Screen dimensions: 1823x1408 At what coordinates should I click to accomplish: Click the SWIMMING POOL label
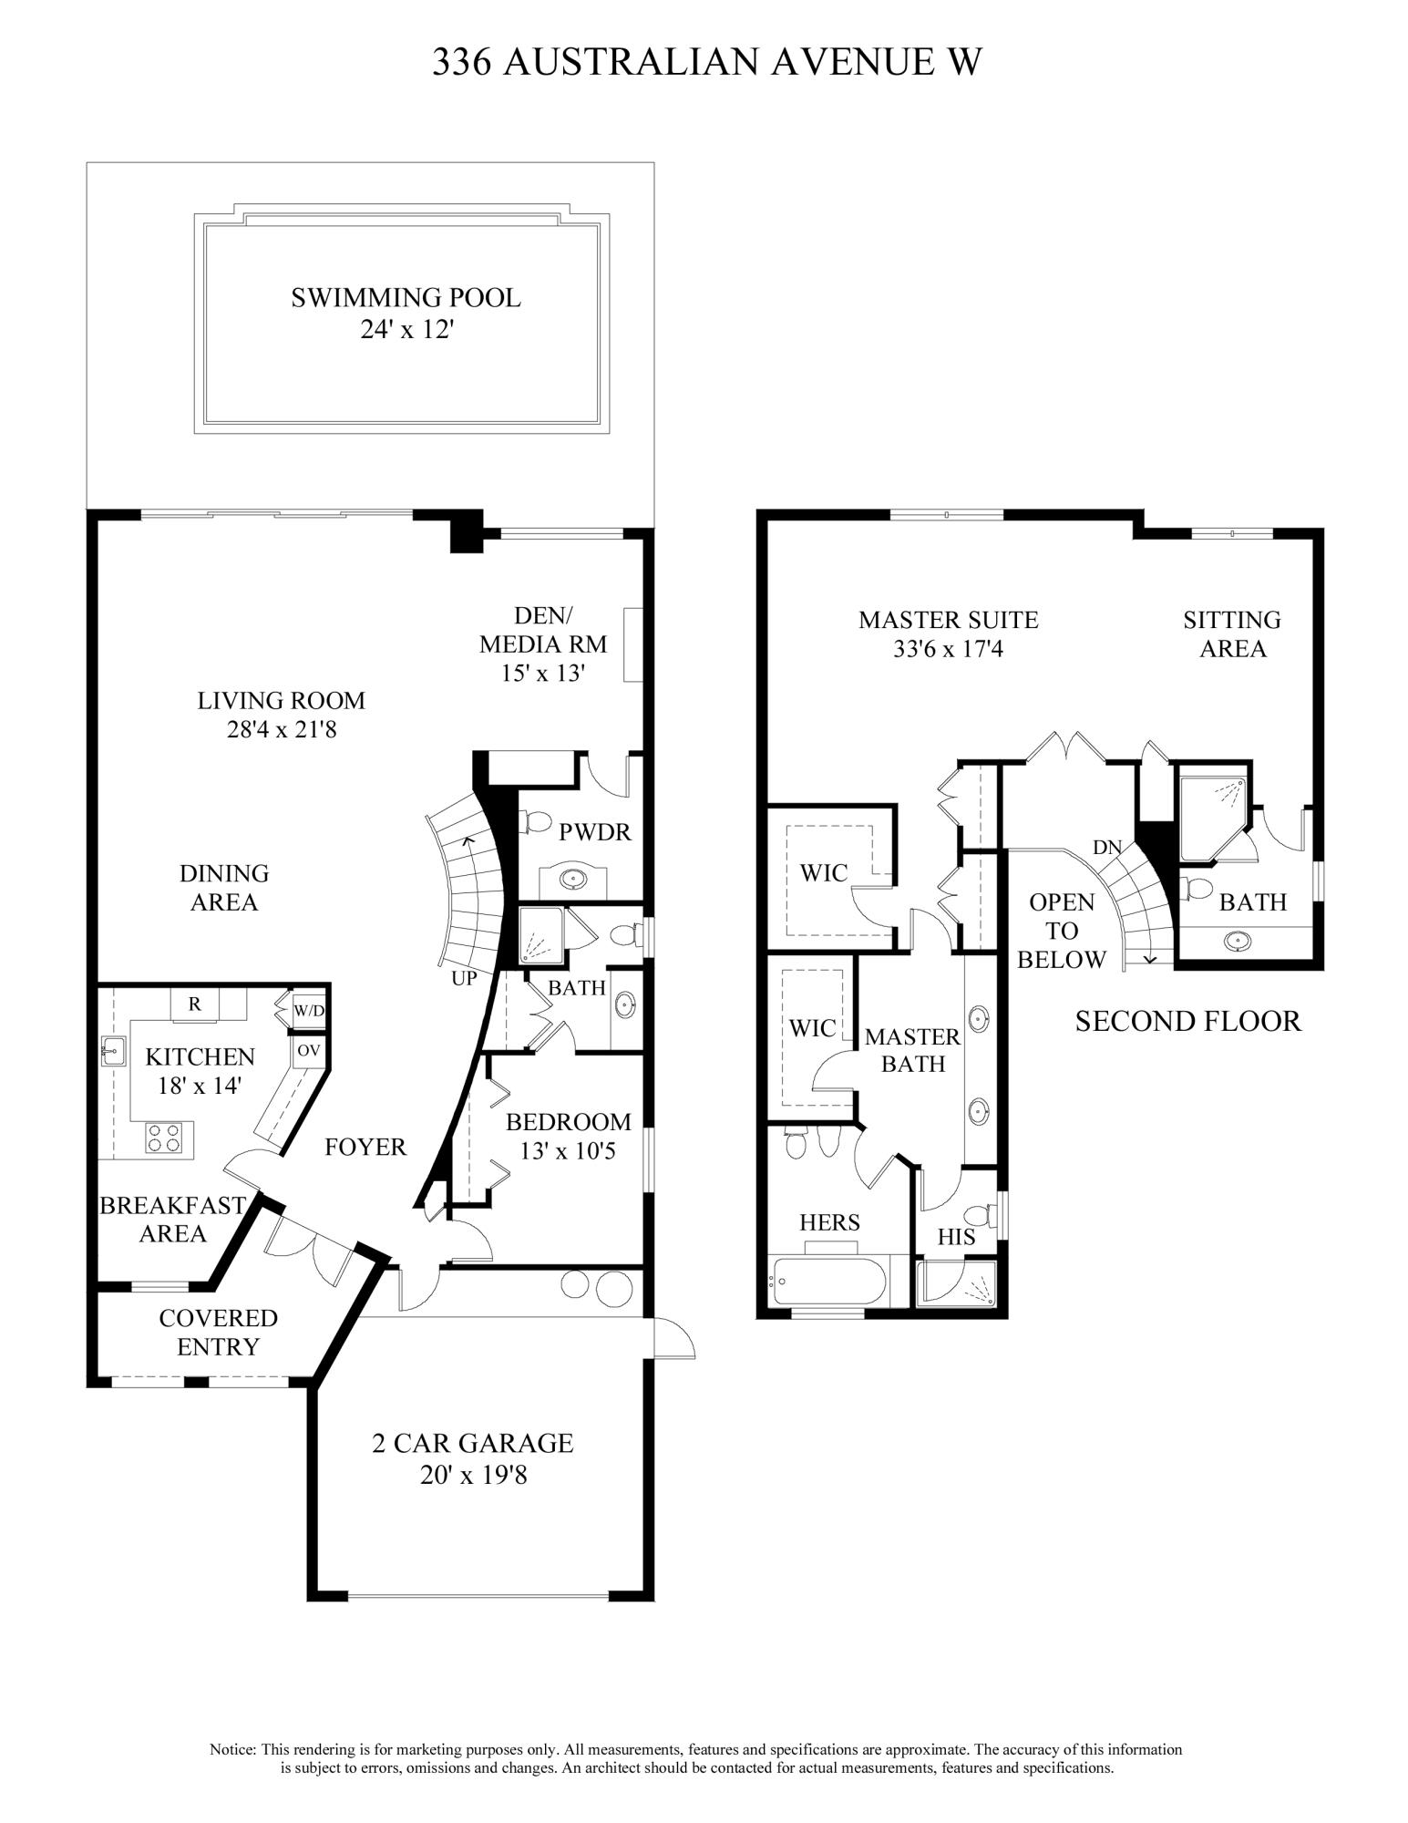click(406, 298)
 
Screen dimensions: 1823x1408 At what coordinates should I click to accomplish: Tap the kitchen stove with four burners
click(163, 1137)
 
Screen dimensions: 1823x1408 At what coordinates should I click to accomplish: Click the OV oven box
click(308, 1050)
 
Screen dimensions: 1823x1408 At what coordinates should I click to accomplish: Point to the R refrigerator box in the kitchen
click(194, 1004)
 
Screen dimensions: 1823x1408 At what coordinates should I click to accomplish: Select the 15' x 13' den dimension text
click(542, 674)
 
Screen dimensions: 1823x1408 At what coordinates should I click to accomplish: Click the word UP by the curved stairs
click(464, 979)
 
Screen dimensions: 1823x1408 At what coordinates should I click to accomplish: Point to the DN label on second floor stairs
click(1107, 847)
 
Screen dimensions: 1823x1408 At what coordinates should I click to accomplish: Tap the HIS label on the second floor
click(956, 1237)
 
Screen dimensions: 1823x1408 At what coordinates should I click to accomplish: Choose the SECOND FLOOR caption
click(1187, 1021)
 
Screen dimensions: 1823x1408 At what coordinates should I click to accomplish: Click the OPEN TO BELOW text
click(1061, 931)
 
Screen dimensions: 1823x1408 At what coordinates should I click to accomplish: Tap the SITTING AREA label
click(1232, 633)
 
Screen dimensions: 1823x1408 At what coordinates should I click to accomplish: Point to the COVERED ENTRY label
click(218, 1332)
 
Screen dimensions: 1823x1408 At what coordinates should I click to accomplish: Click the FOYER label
click(365, 1147)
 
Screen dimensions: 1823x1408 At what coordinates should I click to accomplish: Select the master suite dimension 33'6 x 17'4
click(949, 649)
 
